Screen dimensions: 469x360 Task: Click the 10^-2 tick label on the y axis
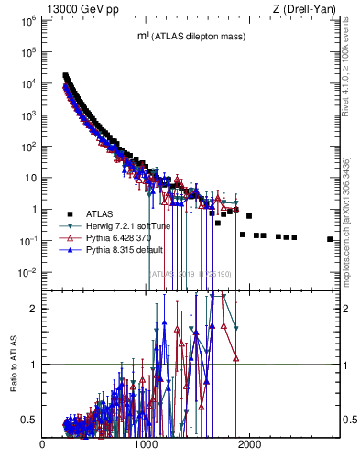tap(27, 272)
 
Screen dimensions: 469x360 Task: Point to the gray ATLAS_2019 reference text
tap(191, 274)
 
